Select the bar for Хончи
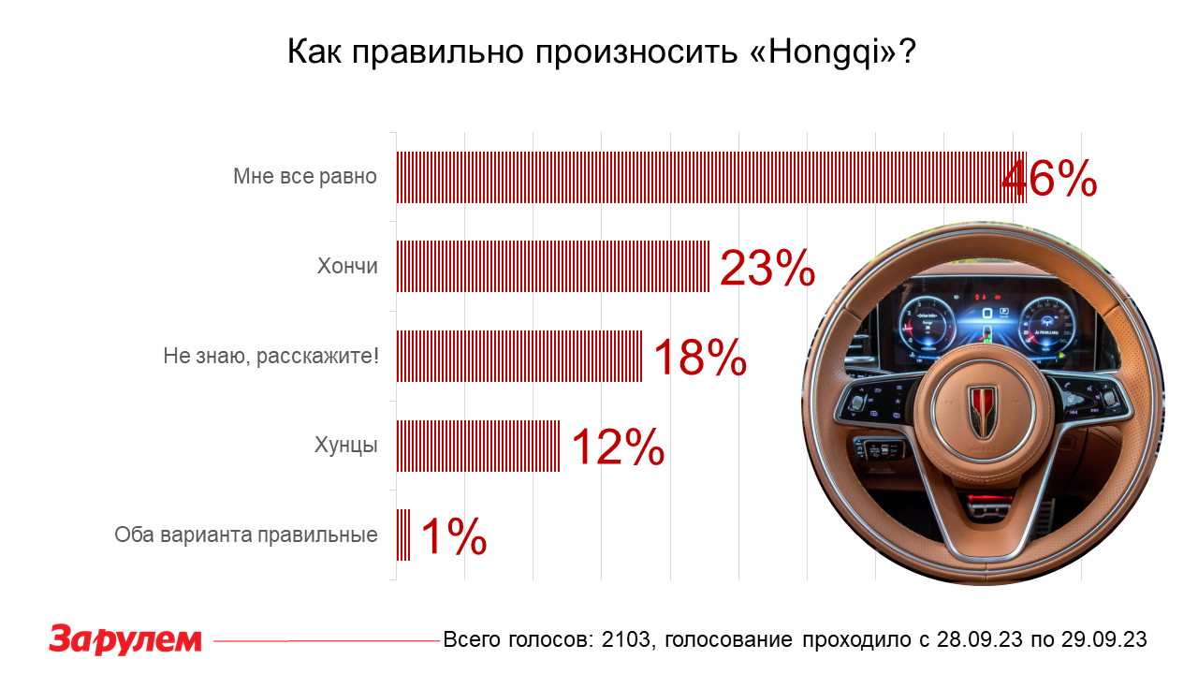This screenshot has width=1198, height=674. point(552,267)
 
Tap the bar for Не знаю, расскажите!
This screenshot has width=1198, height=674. point(519,356)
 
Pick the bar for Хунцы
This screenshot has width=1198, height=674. point(478,446)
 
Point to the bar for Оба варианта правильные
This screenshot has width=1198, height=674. point(403,535)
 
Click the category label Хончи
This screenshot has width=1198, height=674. point(347,267)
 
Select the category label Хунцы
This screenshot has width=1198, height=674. point(345,446)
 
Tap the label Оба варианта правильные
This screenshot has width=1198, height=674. point(246,535)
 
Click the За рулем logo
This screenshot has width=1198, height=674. point(125,639)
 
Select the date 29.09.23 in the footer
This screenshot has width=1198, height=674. point(1103,640)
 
